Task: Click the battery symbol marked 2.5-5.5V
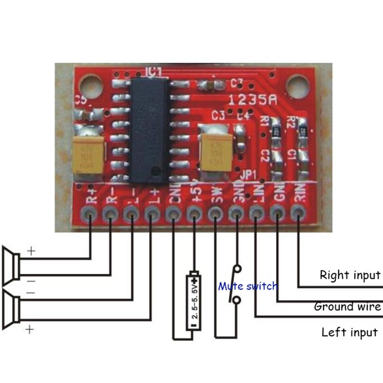[194, 302]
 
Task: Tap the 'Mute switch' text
[248, 286]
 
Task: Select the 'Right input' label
[349, 275]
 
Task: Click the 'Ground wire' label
[347, 306]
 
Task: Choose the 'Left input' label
[349, 332]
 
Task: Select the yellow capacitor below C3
[216, 151]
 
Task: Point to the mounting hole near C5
[90, 87]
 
